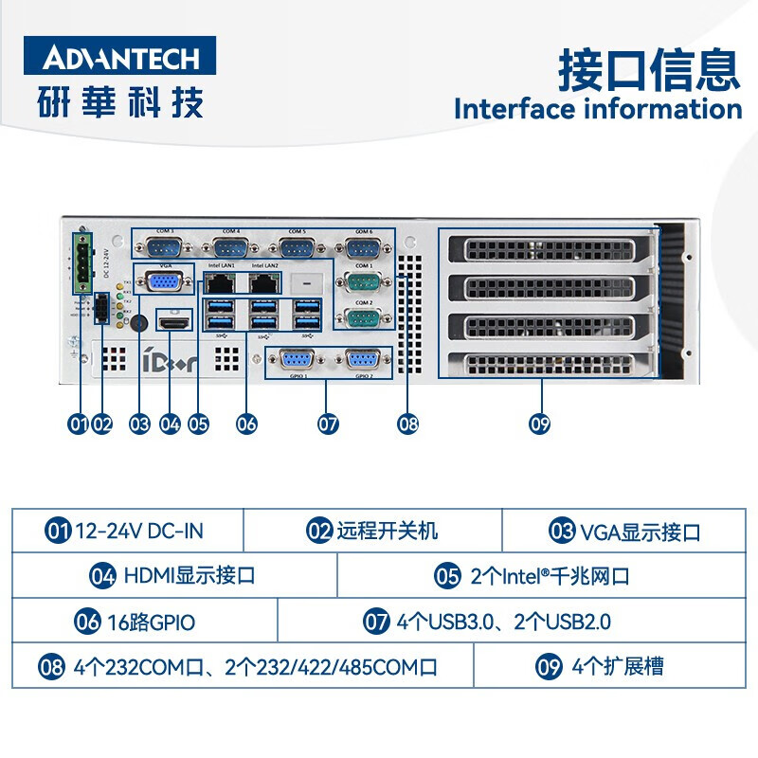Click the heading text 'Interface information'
point(597,108)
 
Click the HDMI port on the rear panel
point(172,325)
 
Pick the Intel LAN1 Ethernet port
point(220,282)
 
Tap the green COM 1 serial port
point(363,283)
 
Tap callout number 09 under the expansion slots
point(540,424)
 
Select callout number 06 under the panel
point(246,424)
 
